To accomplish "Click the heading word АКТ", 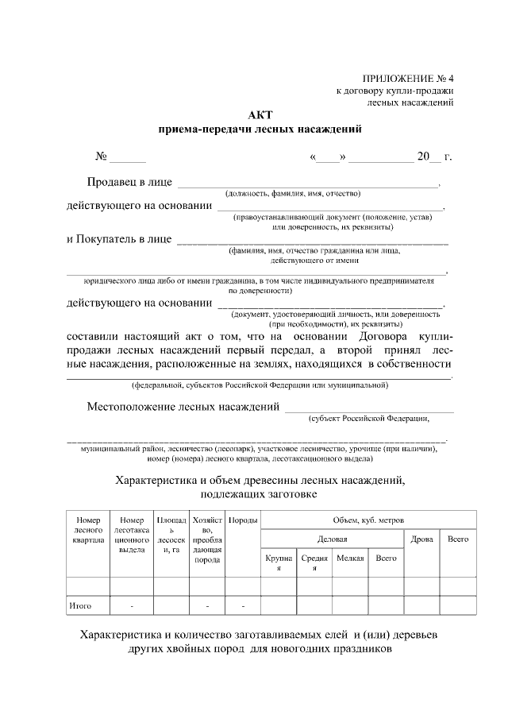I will click(260, 114).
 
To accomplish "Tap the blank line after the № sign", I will click(128, 157).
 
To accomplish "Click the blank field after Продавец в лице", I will click(306, 184).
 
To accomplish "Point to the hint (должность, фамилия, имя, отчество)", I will click(294, 193).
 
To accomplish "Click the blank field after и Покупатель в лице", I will click(311, 239).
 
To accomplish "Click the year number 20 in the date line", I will click(423, 157).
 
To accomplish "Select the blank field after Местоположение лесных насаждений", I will click(369, 408).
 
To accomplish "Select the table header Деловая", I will click(333, 539).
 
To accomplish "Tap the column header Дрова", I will click(421, 539).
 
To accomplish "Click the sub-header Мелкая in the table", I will click(351, 559).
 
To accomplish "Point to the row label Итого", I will click(80, 606).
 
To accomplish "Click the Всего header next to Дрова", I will click(458, 539).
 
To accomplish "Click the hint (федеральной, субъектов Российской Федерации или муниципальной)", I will click(260, 385).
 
